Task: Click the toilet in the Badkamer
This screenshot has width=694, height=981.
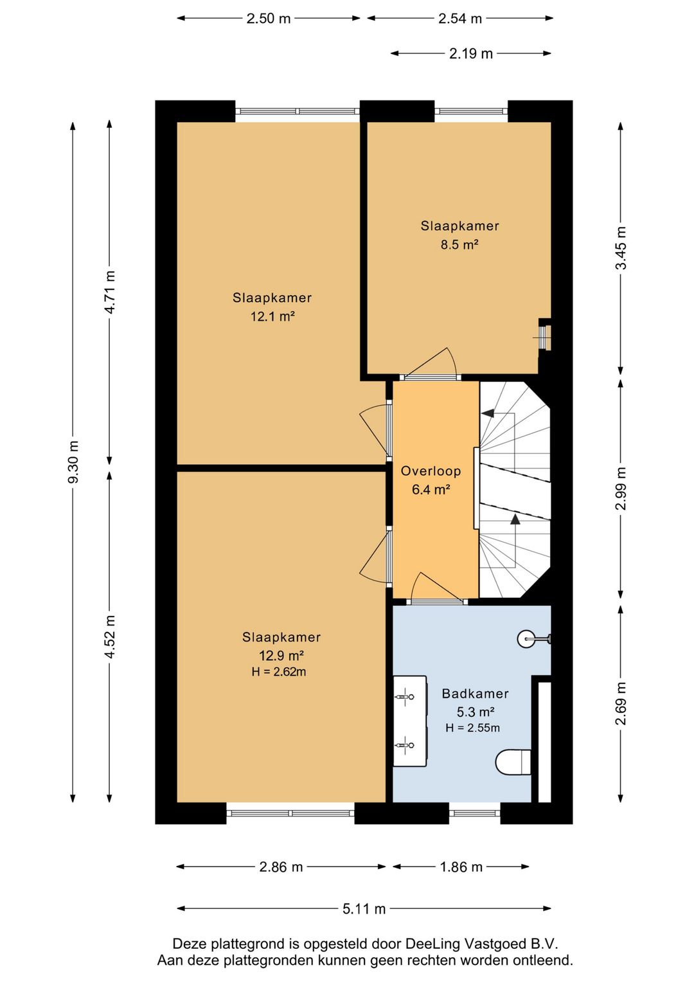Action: pos(513,762)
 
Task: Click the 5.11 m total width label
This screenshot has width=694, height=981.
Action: pos(364,909)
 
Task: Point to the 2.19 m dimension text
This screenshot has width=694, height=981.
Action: pos(470,53)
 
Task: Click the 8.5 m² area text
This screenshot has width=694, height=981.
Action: pos(459,244)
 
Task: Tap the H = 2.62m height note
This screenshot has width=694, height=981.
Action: pos(279,671)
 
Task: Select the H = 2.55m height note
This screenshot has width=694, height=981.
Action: pos(473,728)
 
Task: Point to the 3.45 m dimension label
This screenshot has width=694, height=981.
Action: pos(621,248)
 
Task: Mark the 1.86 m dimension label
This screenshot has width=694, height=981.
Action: pos(461,867)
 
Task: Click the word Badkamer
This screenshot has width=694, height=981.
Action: pos(475,693)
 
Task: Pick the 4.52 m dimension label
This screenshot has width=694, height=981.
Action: pos(110,637)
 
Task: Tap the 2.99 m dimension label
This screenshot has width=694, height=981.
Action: pos(621,488)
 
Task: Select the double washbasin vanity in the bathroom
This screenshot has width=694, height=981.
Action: pos(410,721)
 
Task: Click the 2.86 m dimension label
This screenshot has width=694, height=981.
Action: pos(281,867)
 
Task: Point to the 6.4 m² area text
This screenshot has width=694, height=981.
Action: pos(431,489)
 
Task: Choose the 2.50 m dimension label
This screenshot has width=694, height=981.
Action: pos(269,19)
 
